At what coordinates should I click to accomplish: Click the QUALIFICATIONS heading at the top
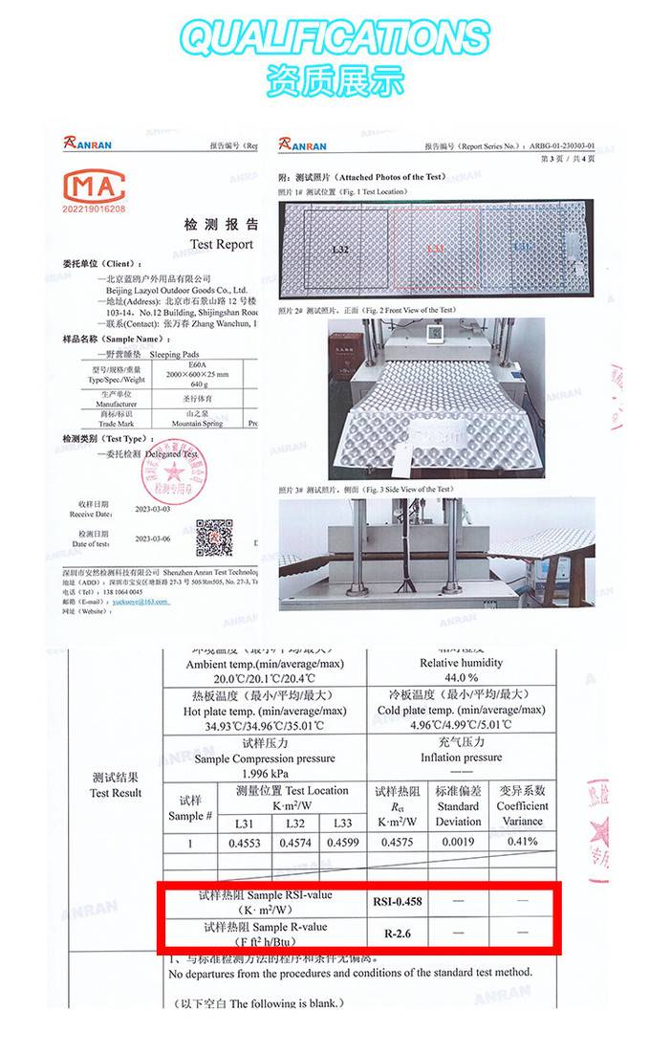(335, 38)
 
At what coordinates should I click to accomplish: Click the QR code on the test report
(214, 538)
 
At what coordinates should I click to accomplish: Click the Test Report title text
(221, 244)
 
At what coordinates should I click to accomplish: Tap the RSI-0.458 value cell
(402, 901)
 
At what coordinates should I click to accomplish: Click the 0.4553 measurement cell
(244, 843)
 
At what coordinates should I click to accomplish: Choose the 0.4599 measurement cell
(344, 843)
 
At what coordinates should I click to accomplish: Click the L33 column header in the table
(343, 823)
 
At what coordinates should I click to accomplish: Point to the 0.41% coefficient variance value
(522, 842)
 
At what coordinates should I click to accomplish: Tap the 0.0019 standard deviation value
(459, 843)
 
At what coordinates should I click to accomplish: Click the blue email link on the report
(141, 602)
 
